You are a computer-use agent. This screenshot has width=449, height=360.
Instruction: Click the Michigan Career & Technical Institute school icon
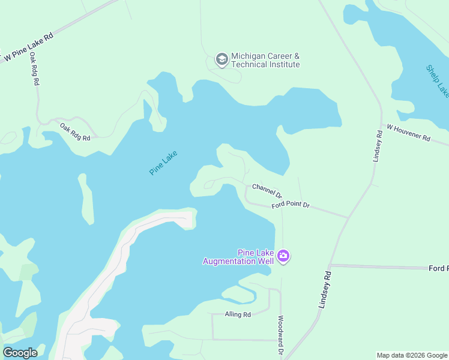(221, 59)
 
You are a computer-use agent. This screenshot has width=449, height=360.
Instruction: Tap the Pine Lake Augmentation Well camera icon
(283, 257)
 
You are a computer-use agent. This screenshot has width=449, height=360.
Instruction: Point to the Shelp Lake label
(438, 80)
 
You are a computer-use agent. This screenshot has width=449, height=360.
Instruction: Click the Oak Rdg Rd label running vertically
(34, 69)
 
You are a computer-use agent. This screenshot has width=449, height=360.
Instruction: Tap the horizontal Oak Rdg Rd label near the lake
(75, 132)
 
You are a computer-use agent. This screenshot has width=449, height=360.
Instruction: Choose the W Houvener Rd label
(409, 133)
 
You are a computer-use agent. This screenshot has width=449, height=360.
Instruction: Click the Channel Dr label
(267, 190)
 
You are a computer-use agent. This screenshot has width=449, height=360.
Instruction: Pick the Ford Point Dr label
(290, 205)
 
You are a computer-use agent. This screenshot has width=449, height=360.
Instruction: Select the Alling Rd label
(238, 314)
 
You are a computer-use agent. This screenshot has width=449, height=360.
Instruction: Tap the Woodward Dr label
(280, 335)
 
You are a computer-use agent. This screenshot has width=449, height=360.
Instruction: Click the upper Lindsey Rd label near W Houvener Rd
(377, 146)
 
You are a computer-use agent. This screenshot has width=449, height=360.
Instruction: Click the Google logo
(20, 352)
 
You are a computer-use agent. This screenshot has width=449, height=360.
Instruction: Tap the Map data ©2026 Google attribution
(412, 355)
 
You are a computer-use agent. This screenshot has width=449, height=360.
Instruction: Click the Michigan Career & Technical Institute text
(265, 60)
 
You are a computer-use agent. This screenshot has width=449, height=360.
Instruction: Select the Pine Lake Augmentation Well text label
(238, 257)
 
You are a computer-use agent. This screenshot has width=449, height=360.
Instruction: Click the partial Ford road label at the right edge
(439, 268)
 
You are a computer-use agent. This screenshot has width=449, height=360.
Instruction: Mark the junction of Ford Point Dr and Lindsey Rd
(349, 217)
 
